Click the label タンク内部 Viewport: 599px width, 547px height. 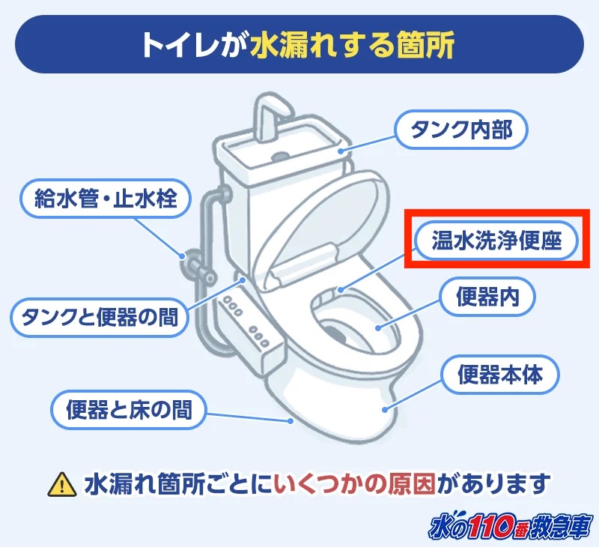[461, 130]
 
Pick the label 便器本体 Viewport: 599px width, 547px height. [499, 374]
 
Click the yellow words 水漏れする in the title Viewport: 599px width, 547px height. [320, 45]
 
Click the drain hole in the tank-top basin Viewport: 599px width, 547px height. [280, 157]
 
